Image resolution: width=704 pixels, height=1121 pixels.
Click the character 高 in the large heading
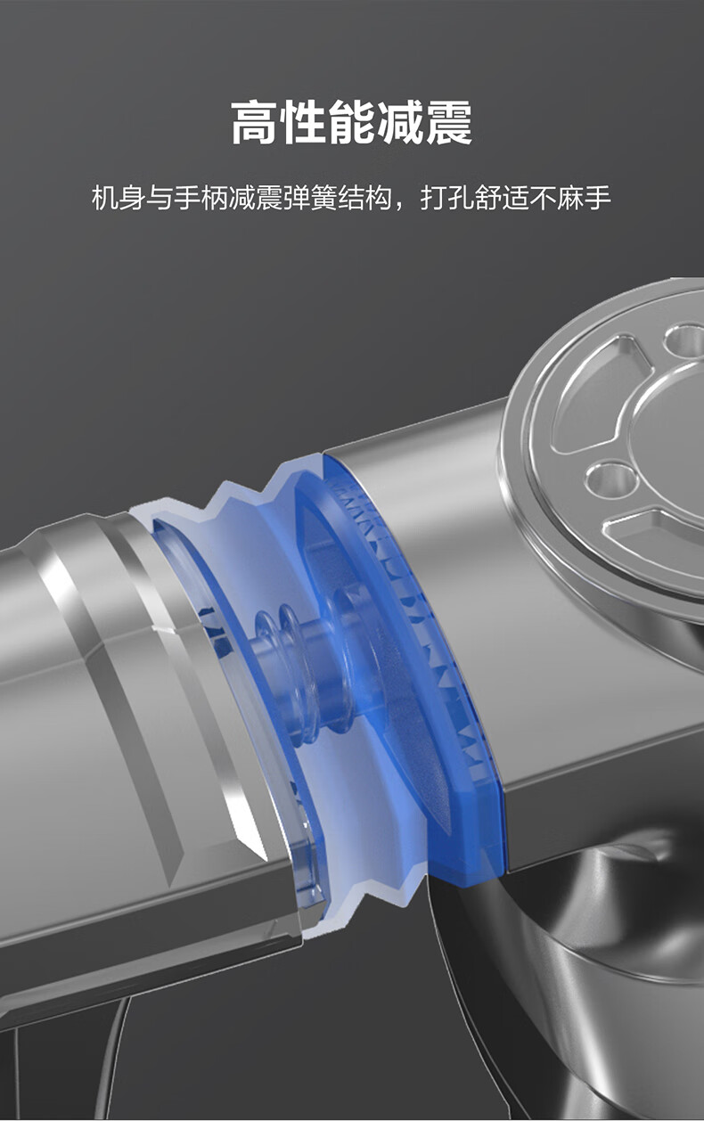(x=255, y=123)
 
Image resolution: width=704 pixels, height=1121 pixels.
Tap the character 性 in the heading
(x=303, y=123)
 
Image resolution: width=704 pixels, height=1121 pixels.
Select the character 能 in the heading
(x=352, y=123)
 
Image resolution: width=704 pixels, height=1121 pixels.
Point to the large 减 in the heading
(x=400, y=123)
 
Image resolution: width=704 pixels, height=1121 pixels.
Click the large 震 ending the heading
(x=449, y=123)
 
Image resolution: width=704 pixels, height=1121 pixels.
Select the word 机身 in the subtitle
(x=119, y=198)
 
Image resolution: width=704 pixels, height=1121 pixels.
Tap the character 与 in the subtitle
(x=160, y=198)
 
